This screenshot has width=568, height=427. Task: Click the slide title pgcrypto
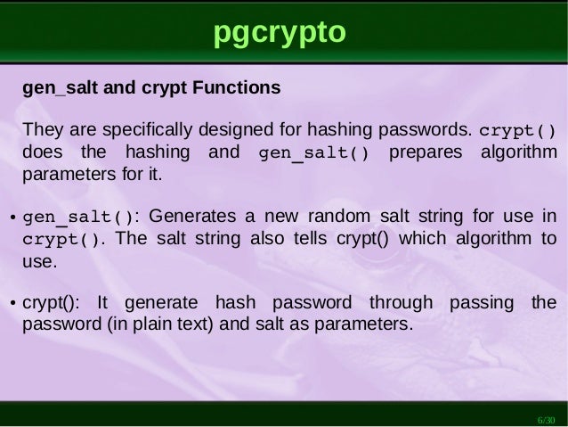[x=279, y=33]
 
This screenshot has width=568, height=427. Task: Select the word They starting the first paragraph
[x=40, y=129]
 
